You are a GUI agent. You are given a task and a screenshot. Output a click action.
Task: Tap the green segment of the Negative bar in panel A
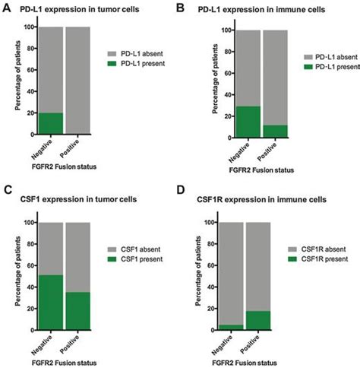pos(49,122)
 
